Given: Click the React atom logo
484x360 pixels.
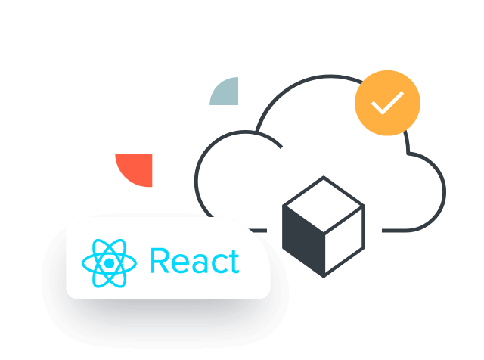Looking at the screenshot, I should [110, 262].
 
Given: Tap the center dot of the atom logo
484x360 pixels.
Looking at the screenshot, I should [110, 262].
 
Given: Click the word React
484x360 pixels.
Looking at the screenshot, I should [194, 261].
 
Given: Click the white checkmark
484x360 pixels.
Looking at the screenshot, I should [387, 102].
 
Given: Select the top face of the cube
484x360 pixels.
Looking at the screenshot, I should [324, 203].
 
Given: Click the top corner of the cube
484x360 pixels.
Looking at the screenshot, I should [324, 178].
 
